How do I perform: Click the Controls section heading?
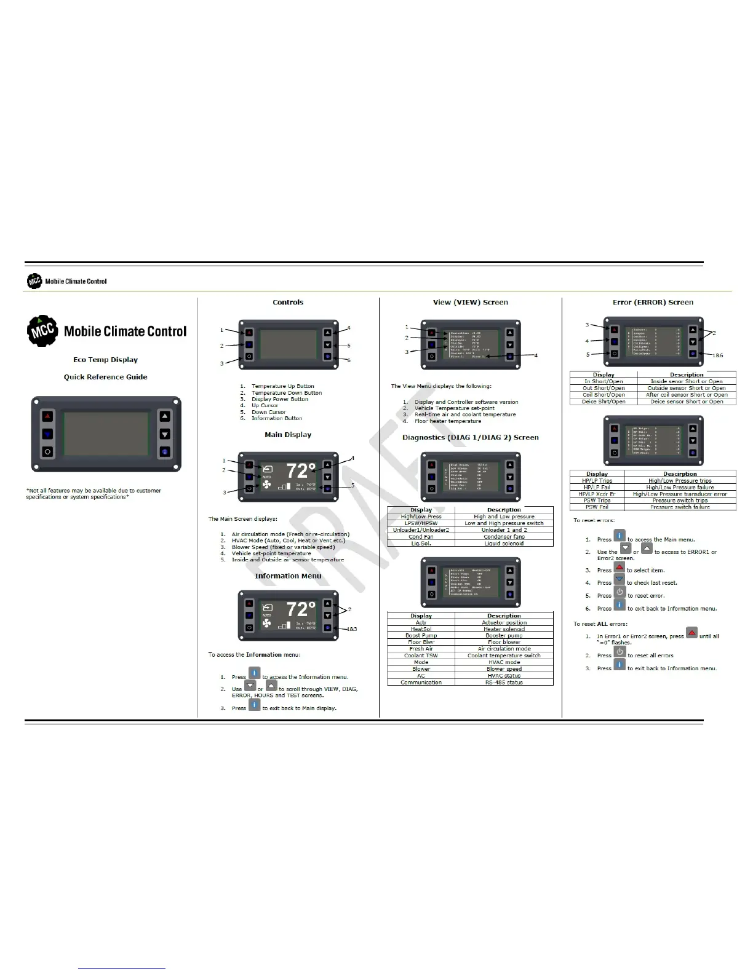point(288,303)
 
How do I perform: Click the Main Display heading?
point(288,435)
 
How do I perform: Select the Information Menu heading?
point(288,576)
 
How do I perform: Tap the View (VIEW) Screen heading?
point(470,303)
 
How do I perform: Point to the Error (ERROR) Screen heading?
point(653,303)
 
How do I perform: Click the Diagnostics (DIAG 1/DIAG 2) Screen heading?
point(470,438)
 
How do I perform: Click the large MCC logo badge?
point(42,331)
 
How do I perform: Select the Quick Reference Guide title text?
point(105,377)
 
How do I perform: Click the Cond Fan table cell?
point(421,537)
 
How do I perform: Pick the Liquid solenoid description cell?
point(504,544)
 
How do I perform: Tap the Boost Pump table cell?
point(421,636)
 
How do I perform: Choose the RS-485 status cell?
point(504,683)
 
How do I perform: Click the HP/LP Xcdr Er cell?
point(597,494)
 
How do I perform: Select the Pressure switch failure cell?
point(680,507)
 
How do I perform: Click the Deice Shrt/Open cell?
point(604,402)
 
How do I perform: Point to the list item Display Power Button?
point(280,399)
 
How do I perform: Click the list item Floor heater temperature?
point(448,421)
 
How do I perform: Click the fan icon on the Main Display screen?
point(266,485)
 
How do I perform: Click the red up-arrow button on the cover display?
point(48,417)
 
